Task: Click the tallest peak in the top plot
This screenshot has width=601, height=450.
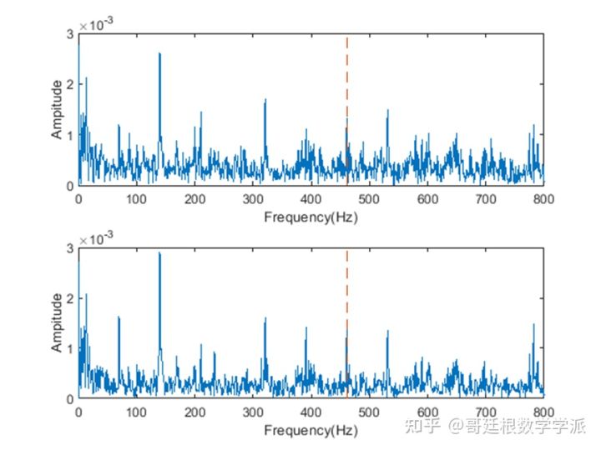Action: (x=159, y=55)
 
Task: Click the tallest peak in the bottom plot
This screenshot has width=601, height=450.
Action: (x=159, y=254)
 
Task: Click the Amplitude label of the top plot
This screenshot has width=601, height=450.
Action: (x=56, y=109)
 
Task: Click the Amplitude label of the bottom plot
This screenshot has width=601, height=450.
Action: (x=56, y=322)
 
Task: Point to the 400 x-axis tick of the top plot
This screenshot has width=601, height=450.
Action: (x=311, y=199)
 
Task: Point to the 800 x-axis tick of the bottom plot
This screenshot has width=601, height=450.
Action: (x=543, y=412)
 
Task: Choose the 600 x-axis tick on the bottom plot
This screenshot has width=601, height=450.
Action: (x=427, y=412)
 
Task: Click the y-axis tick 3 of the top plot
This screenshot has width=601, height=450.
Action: (x=70, y=34)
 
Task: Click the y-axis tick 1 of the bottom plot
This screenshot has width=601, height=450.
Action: (x=70, y=348)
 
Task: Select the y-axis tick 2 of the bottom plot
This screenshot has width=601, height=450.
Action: (x=70, y=298)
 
